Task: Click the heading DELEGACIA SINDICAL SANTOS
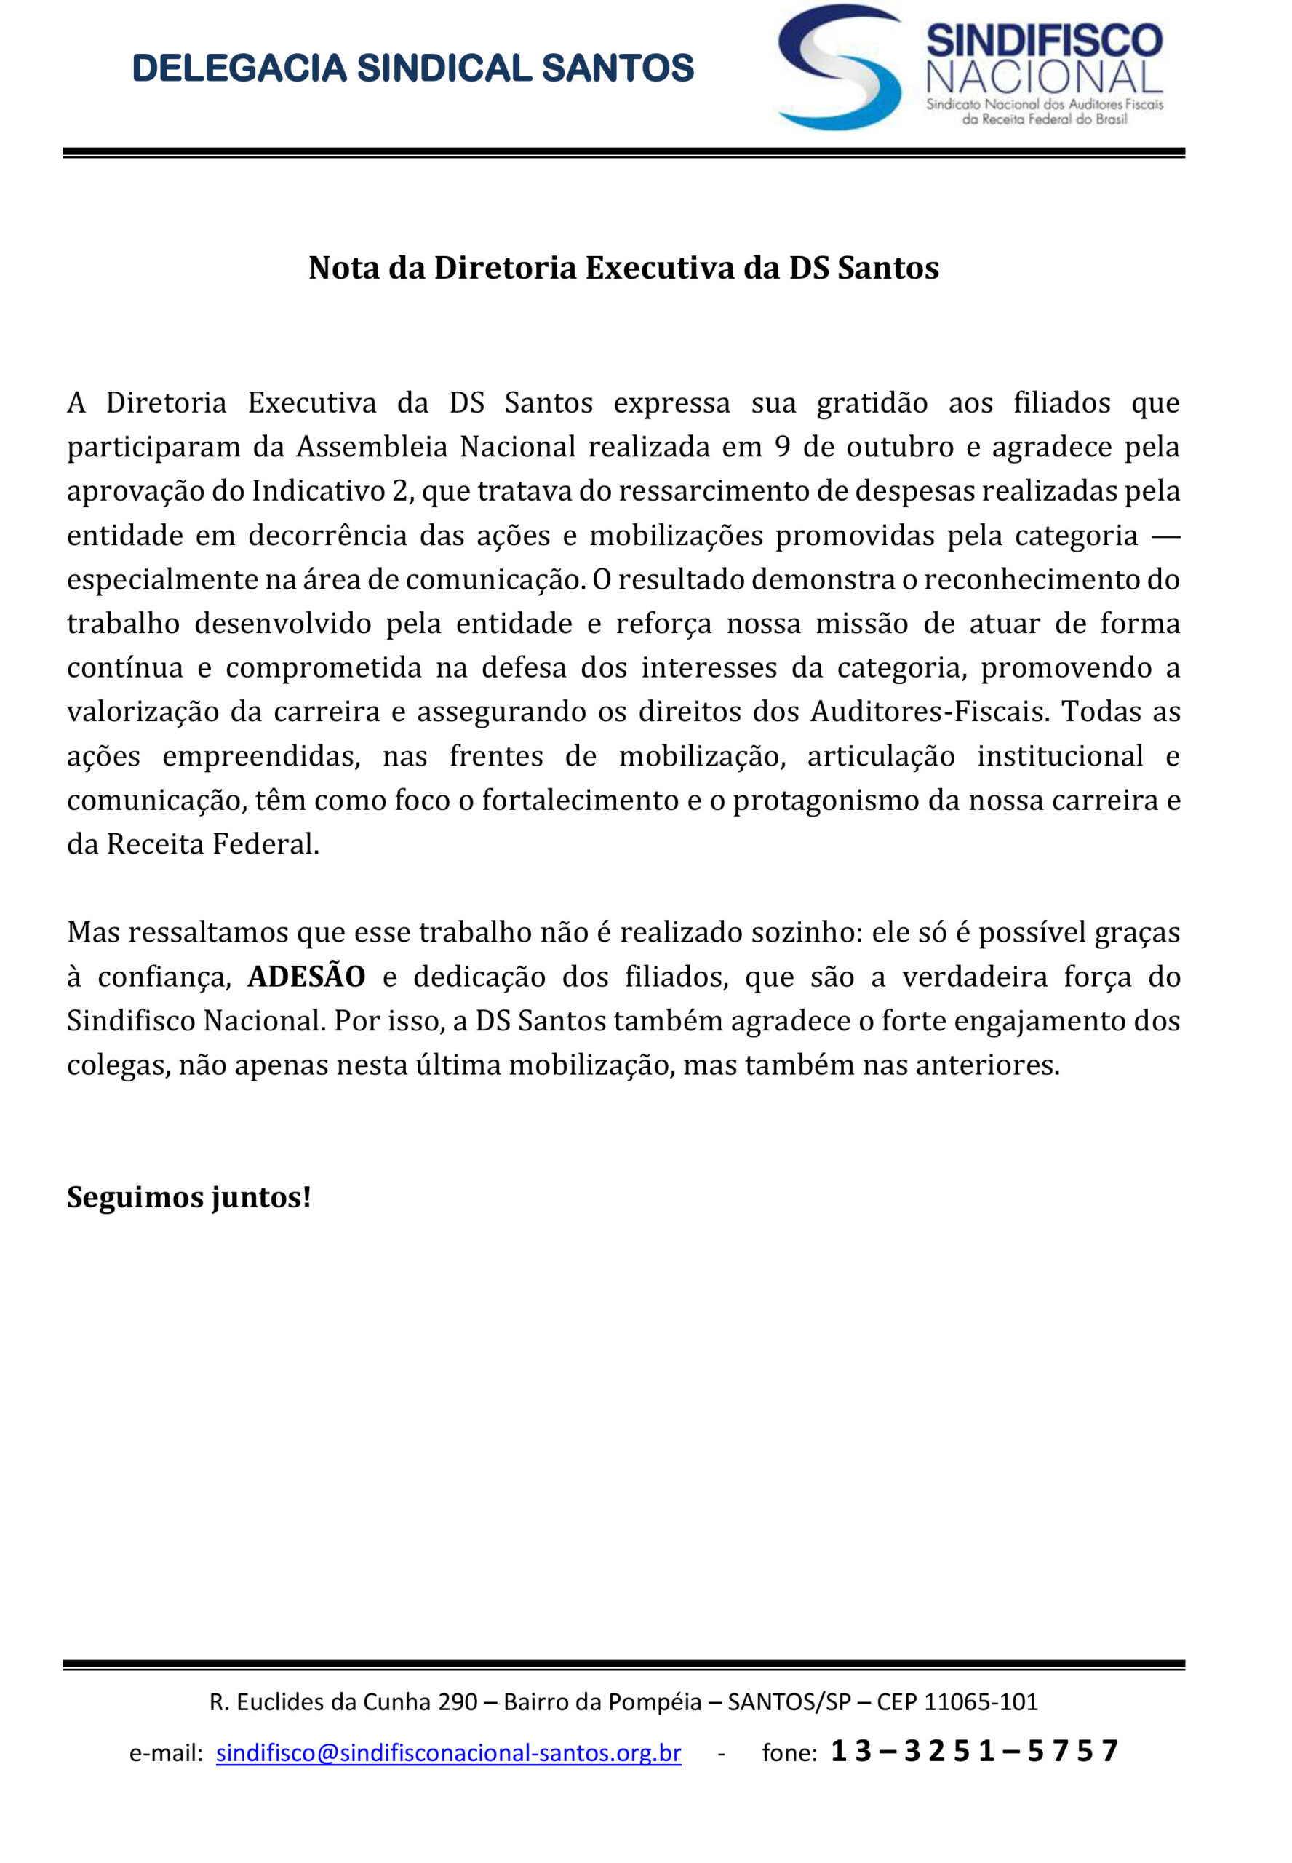point(413,68)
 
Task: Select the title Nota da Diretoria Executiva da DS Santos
point(623,268)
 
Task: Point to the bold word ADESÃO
point(306,977)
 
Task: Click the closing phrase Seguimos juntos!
point(188,1197)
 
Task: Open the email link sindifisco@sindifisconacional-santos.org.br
point(448,1753)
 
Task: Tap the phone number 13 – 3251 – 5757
point(974,1751)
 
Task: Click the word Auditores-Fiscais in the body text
point(929,712)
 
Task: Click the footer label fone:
point(789,1754)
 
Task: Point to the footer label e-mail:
point(166,1754)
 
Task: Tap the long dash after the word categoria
point(1163,535)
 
